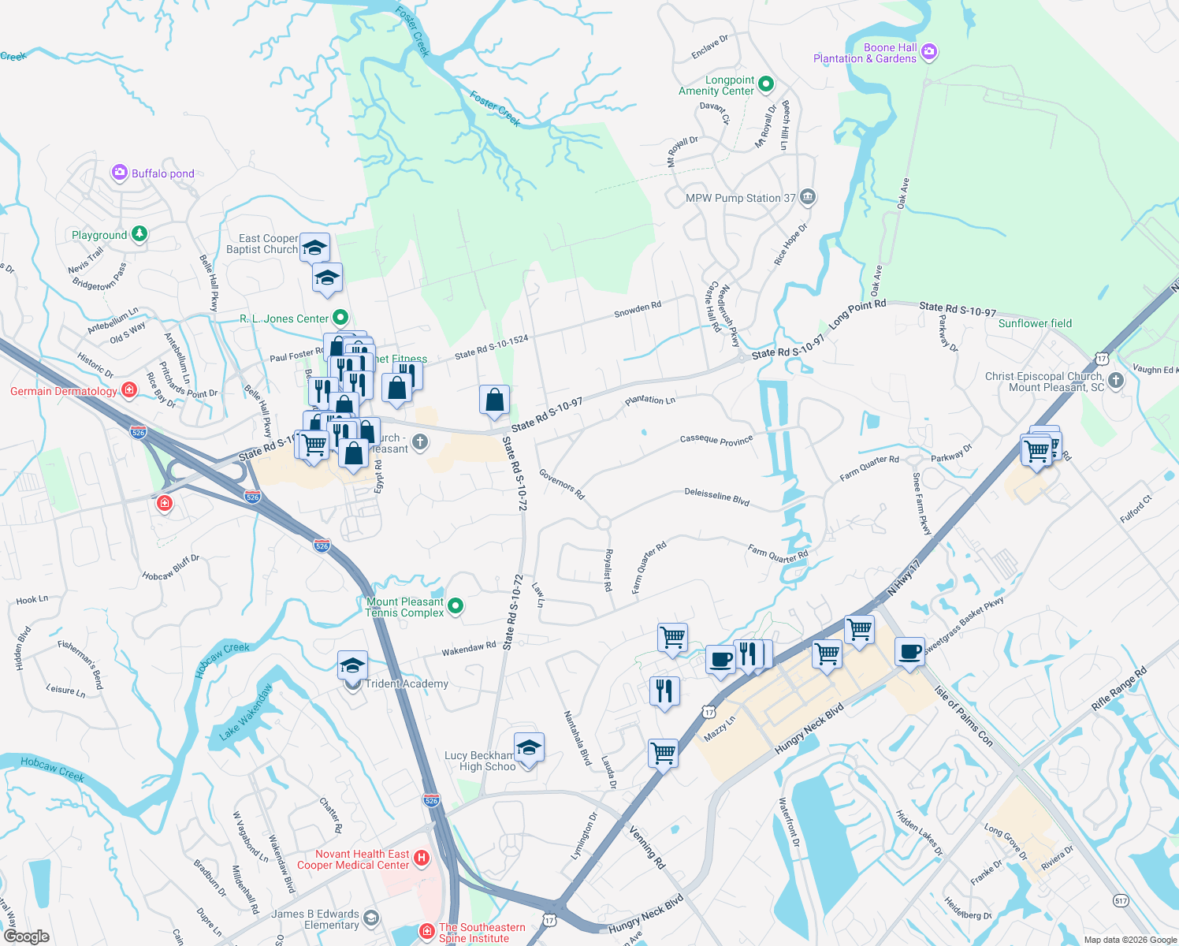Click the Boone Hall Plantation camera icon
[929, 53]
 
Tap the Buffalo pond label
[162, 173]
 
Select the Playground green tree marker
[139, 234]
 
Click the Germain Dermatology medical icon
[129, 390]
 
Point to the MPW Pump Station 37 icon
[807, 197]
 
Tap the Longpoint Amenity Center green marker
[765, 84]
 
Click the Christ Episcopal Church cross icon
[1115, 381]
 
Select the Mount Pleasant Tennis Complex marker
[455, 606]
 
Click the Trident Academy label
[407, 683]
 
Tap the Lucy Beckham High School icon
[528, 747]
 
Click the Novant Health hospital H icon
[422, 858]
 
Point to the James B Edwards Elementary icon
[371, 918]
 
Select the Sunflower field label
[1035, 323]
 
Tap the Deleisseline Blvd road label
[716, 496]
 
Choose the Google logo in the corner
[26, 936]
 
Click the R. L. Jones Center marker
[340, 318]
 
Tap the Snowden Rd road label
[638, 309]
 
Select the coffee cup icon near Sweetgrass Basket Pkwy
[909, 652]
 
